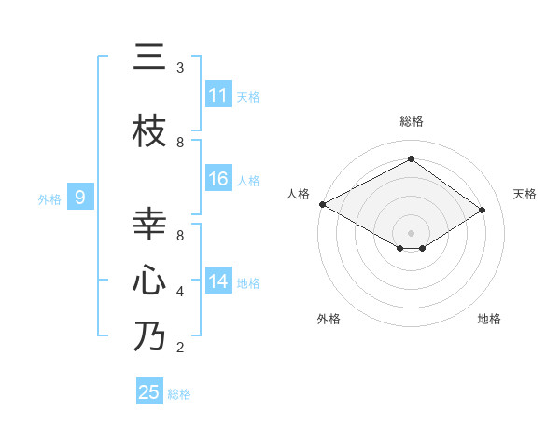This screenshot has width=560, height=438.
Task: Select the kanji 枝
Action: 149,131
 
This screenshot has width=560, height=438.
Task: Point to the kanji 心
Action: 149,281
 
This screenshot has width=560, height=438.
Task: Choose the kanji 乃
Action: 149,336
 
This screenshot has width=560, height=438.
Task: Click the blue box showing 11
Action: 218,95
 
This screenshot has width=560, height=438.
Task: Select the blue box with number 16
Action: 218,180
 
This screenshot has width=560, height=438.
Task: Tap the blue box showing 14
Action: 218,282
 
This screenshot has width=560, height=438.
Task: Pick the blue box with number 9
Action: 80,197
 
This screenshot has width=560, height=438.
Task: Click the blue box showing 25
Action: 149,392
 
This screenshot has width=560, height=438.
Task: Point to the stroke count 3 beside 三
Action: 180,68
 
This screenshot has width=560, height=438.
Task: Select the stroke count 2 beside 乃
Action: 180,348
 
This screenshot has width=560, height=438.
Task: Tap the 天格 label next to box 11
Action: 248,96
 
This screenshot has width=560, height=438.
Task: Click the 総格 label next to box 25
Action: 179,394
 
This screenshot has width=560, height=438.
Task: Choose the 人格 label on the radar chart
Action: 298,194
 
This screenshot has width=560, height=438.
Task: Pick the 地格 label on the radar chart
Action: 489,319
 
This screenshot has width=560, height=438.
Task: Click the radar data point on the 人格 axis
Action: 322,204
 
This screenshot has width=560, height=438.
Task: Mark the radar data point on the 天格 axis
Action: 482,211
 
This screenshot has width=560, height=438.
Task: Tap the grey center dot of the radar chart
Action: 411,232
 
